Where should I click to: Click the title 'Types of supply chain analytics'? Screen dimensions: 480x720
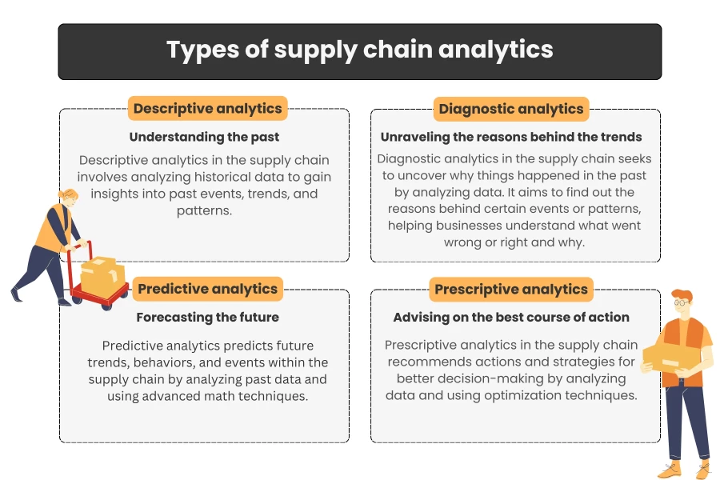359,50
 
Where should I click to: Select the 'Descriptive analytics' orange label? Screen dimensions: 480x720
207,109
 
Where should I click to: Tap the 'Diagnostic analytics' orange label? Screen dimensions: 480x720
511,109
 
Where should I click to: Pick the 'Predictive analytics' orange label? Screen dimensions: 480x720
207,289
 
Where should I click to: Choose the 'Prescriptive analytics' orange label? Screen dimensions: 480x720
511,289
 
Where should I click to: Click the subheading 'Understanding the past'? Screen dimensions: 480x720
204,137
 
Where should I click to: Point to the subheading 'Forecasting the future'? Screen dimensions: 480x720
207,317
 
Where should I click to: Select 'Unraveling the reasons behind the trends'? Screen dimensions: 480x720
511,137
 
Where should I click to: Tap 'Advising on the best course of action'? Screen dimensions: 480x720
511,317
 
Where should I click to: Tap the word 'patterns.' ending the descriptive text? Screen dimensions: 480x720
204,211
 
